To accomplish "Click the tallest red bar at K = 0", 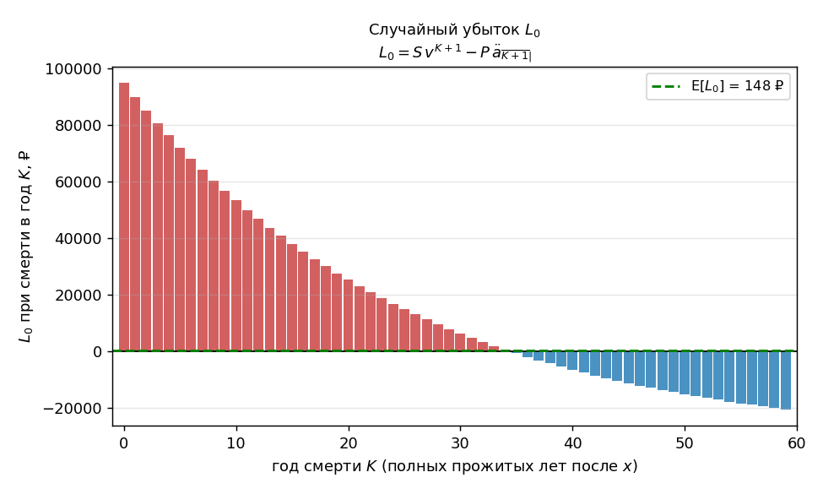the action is (124, 217).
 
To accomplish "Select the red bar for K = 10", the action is (236, 275).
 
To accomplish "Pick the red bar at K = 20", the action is (348, 316).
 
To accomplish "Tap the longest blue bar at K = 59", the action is (785, 380).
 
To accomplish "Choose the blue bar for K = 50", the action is (685, 372).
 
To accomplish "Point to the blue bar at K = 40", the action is (572, 361).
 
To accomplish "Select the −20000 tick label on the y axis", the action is (73, 409).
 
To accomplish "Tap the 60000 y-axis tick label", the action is (79, 182).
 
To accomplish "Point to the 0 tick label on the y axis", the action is (97, 352).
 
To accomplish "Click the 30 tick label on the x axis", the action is (460, 443).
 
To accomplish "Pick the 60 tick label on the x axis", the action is (796, 443).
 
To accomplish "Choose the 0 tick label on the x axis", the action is (124, 443).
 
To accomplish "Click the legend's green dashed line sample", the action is (667, 86).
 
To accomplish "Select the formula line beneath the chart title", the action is (455, 53).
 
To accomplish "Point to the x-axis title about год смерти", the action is (454, 466).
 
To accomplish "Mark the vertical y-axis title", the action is (24, 247).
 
